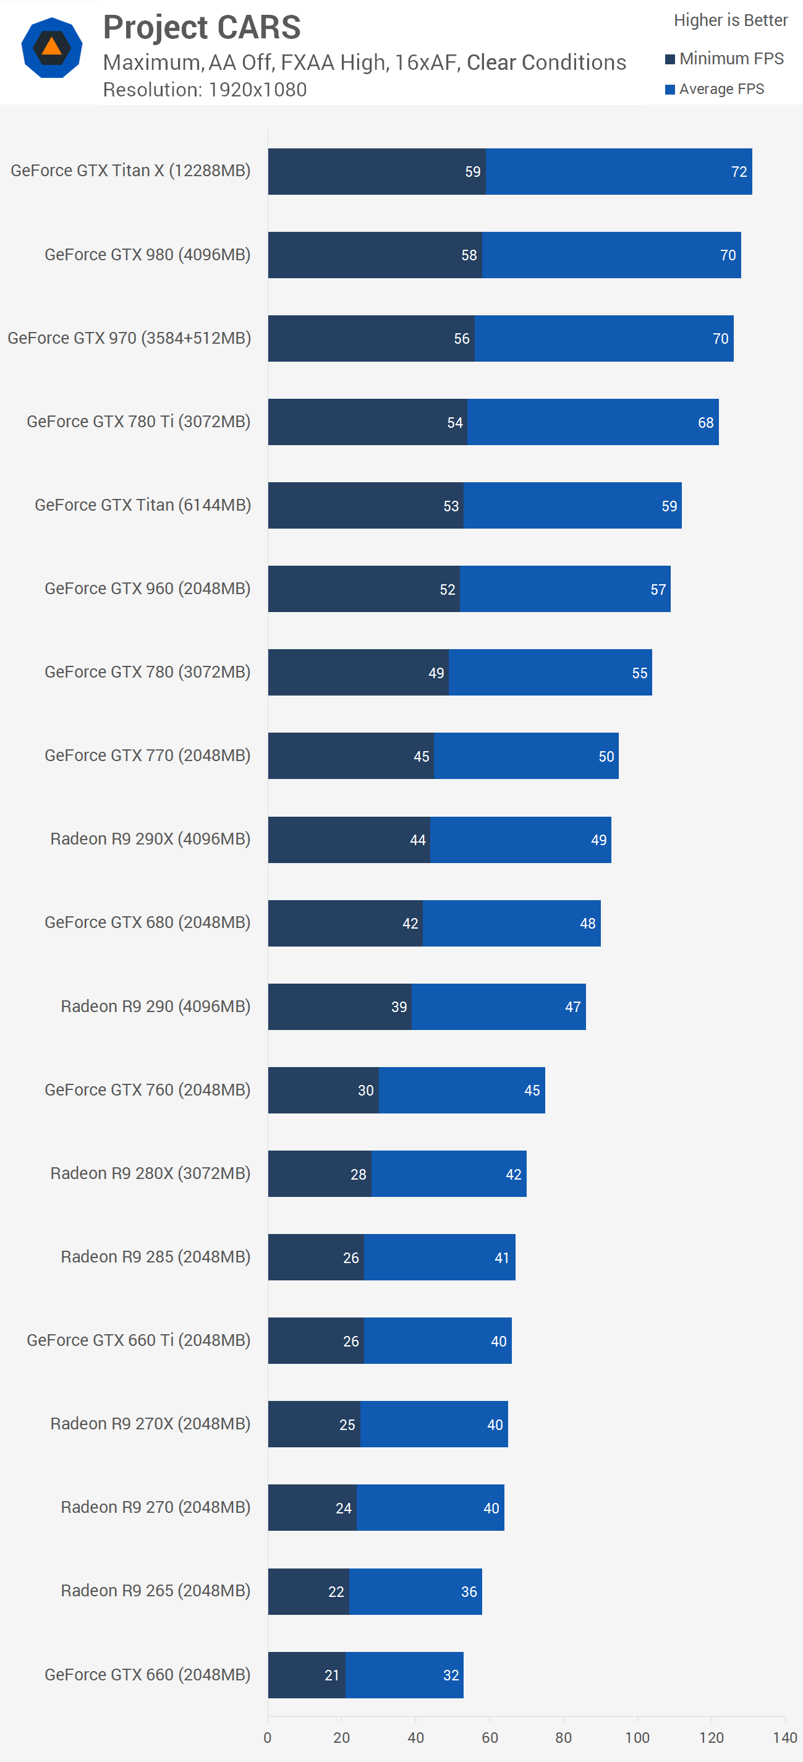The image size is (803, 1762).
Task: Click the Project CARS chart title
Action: click(202, 28)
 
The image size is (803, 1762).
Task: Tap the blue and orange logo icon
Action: click(52, 48)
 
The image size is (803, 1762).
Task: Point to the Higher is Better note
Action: click(731, 20)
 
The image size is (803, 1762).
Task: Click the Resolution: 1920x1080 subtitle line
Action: click(205, 90)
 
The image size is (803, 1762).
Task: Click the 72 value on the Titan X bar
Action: click(739, 172)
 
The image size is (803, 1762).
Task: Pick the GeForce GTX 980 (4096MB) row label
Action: click(147, 255)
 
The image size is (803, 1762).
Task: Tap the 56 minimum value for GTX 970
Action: click(462, 339)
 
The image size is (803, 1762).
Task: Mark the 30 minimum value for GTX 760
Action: click(366, 1091)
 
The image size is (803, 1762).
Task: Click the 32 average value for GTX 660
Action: click(451, 1675)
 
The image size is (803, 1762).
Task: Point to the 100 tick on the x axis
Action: click(637, 1737)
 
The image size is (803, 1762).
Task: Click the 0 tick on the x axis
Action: click(268, 1737)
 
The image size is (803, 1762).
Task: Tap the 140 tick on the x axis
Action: click(784, 1737)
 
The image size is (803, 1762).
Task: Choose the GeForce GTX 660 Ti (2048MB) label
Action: click(138, 1340)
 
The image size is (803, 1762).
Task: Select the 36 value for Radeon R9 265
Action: click(469, 1592)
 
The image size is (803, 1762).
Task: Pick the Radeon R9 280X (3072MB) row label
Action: click(150, 1173)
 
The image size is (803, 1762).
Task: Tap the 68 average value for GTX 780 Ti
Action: click(705, 423)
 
